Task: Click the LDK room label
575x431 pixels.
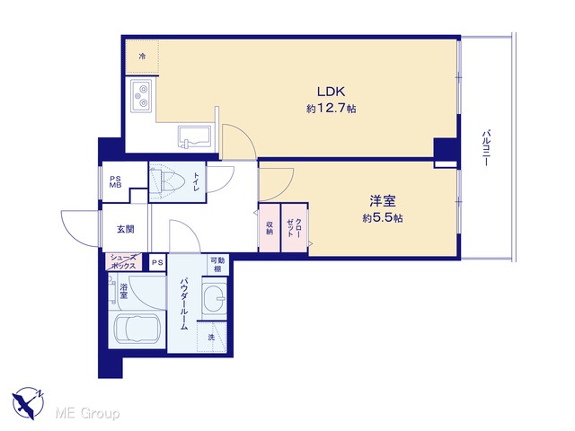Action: coord(331,92)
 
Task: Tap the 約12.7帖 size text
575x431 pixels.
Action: coord(332,109)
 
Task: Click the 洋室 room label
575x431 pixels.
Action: coord(382,201)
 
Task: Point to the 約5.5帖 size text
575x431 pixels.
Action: coord(383,218)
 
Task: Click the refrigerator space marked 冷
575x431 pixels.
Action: coord(142,57)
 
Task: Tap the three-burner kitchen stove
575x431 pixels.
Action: coord(142,95)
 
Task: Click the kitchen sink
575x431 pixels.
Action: coord(194,136)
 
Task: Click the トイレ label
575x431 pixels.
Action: coord(196,181)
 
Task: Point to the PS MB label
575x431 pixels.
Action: coord(115,181)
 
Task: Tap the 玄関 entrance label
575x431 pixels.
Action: coord(126,230)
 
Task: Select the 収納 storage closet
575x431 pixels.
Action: coord(270,227)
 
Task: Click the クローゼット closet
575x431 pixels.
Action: coord(294,227)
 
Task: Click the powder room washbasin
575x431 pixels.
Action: coord(215,296)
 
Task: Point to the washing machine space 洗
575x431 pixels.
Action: coord(212,337)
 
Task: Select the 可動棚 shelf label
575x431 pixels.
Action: coord(217,264)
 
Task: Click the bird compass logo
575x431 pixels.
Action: coord(28,403)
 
